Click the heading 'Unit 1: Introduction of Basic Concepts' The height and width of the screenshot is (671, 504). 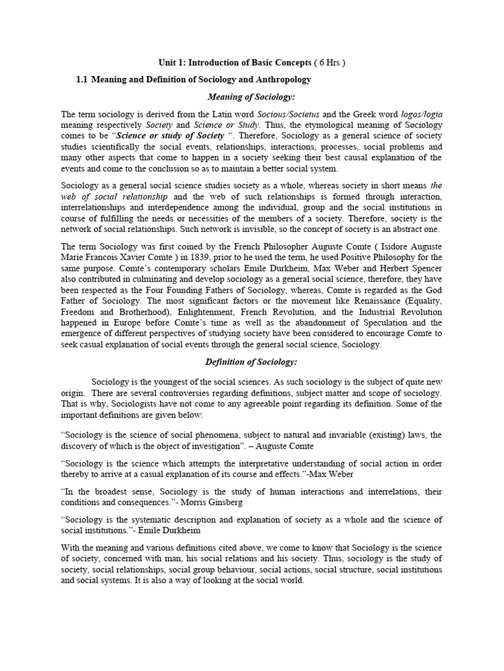tap(235, 62)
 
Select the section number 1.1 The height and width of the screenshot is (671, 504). tap(82, 79)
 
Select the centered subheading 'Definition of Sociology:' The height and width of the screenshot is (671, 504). tap(251, 362)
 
